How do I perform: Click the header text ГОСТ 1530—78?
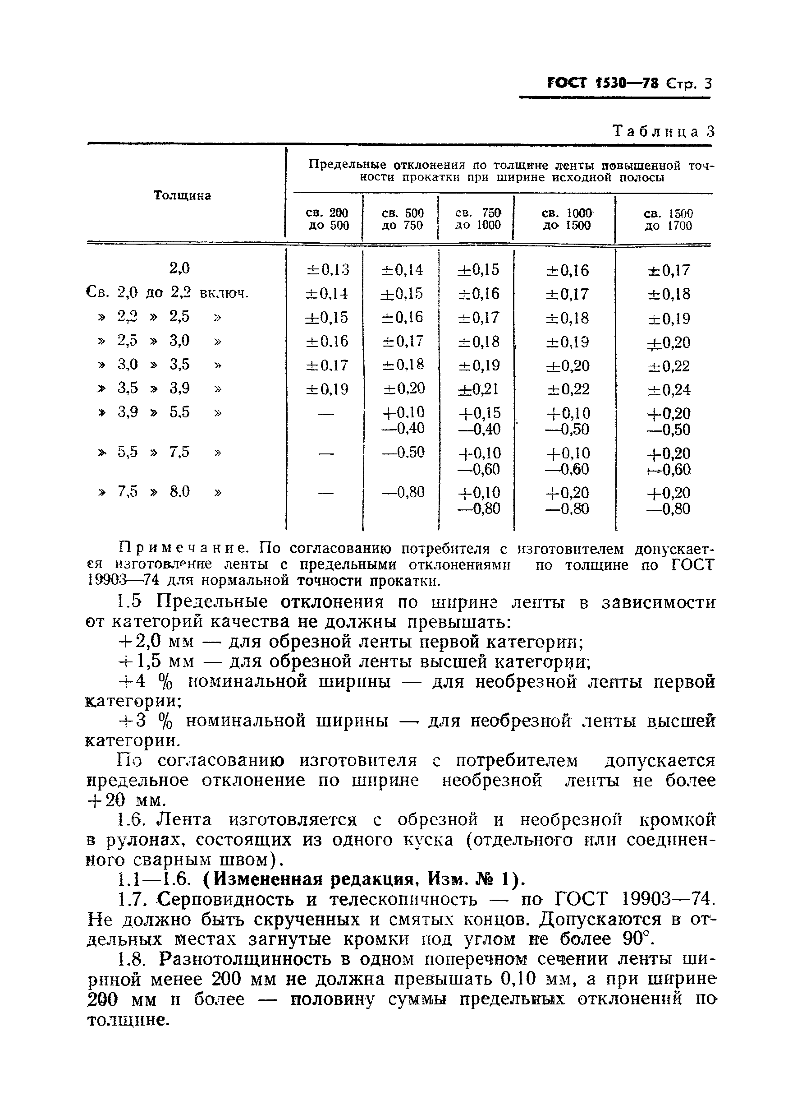tap(603, 83)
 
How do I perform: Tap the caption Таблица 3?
tap(663, 131)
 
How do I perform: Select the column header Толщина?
tap(182, 195)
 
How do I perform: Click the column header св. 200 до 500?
tap(327, 219)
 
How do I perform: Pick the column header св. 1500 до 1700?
tap(668, 219)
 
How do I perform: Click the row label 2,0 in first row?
tap(179, 268)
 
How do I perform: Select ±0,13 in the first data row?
tap(327, 269)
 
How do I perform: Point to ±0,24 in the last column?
tap(669, 390)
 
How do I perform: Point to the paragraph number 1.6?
tap(132, 820)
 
